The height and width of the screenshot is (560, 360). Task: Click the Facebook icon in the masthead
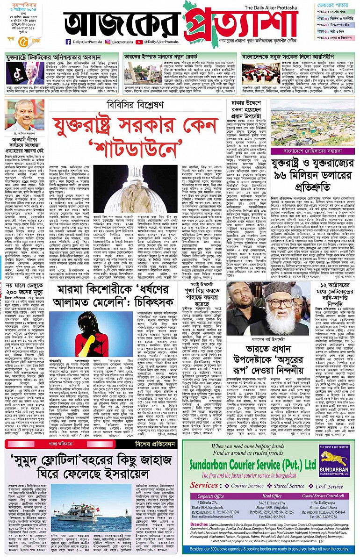68,42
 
